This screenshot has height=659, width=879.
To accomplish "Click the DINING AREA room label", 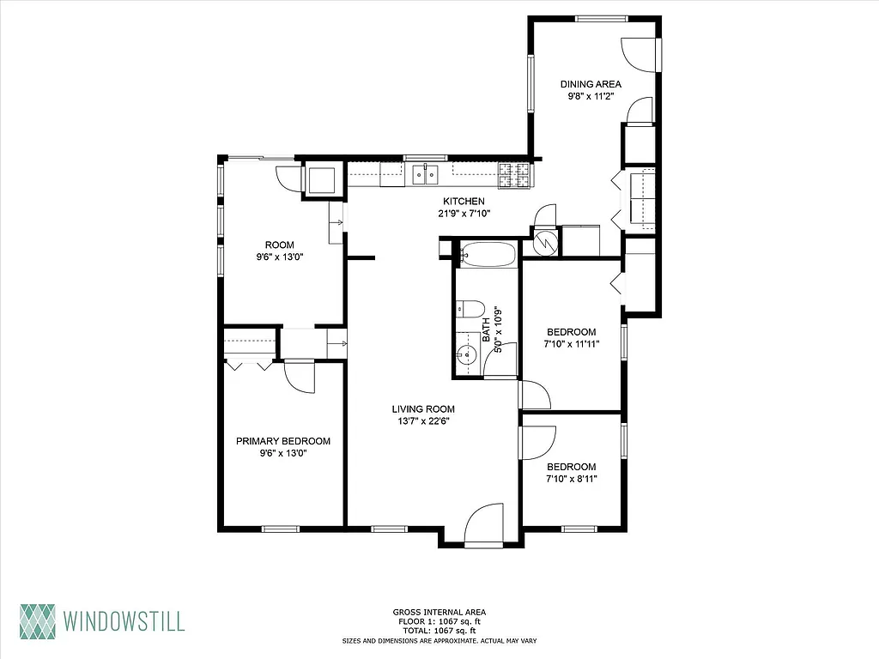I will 591,84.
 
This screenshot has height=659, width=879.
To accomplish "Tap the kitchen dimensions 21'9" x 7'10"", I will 464,214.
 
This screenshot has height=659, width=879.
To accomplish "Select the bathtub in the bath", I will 487,255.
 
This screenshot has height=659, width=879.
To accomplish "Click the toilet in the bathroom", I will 470,309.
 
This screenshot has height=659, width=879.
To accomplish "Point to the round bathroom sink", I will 467,354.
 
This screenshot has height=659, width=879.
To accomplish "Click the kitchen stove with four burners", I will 515,175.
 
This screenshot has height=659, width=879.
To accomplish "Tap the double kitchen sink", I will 425,175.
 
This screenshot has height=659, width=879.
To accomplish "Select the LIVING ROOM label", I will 423,409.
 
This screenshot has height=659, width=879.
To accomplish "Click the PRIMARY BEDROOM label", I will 283,441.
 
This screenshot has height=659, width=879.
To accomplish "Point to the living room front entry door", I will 482,525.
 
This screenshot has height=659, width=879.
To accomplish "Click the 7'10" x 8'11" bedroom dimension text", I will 572,480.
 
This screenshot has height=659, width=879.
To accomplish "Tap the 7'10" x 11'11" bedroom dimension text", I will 572,344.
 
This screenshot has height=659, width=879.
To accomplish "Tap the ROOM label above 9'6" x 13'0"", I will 280,244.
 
